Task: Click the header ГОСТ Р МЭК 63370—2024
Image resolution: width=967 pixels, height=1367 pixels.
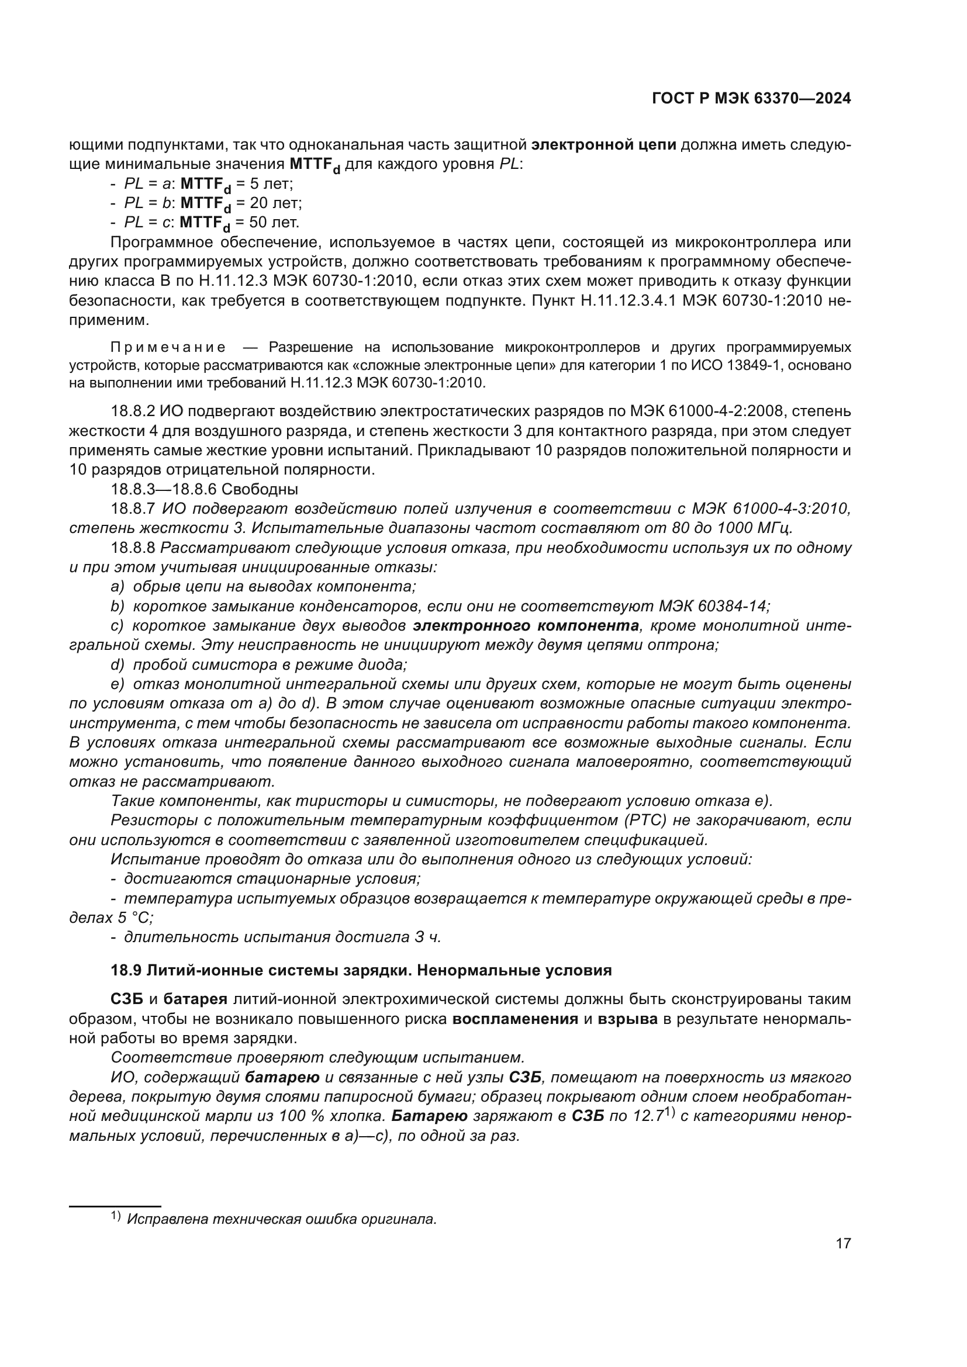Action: click(x=751, y=99)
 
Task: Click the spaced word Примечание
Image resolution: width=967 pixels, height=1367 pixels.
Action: click(x=168, y=347)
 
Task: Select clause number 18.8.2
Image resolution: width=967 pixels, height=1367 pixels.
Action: click(x=133, y=411)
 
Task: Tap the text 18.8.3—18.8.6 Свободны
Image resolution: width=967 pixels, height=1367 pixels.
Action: click(x=204, y=489)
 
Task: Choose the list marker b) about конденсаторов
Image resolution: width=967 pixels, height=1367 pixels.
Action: click(x=117, y=606)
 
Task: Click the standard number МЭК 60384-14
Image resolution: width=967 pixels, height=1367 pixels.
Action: click(x=713, y=606)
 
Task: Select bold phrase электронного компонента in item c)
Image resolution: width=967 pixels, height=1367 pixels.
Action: click(x=526, y=626)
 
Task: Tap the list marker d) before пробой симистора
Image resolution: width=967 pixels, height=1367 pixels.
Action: click(x=117, y=665)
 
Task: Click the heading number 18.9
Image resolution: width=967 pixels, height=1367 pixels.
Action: click(x=126, y=971)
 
